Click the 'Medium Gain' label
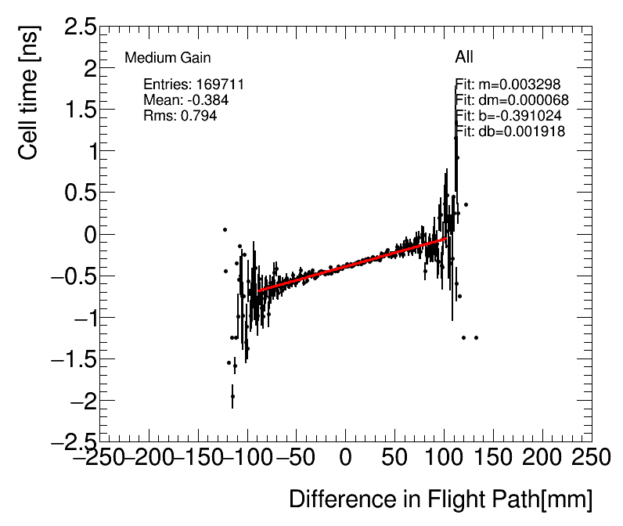(x=167, y=58)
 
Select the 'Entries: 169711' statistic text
(x=194, y=85)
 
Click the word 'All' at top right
(x=464, y=57)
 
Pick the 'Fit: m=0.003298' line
(x=508, y=85)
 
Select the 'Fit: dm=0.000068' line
(x=512, y=100)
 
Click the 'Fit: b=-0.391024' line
(x=508, y=116)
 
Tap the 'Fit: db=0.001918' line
(x=510, y=131)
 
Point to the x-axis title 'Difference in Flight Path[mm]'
(x=441, y=499)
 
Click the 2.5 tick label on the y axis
(x=76, y=27)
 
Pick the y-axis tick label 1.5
(x=76, y=110)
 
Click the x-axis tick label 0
(x=346, y=457)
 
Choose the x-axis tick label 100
(x=445, y=457)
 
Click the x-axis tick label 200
(x=543, y=457)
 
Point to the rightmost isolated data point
(x=476, y=337)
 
